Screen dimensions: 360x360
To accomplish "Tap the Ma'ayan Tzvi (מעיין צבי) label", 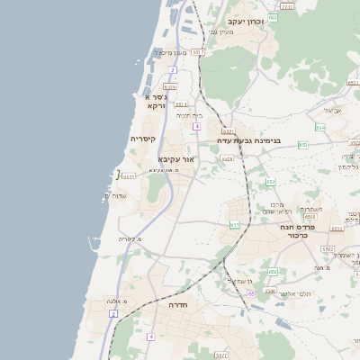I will coord(221,32).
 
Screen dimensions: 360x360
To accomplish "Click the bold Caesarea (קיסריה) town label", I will coord(143,139).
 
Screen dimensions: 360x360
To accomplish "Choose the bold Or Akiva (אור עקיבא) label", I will coord(176,158).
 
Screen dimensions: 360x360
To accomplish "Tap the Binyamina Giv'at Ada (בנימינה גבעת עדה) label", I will coord(249,140).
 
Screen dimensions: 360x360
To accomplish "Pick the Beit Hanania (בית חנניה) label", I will coord(189,115).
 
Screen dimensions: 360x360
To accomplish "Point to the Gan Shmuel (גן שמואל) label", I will coord(232,282).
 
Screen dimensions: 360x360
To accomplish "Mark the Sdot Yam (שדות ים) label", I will coord(119,195).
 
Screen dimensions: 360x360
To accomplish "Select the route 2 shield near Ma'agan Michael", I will coord(172,68).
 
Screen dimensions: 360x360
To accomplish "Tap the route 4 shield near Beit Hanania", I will coord(195,126).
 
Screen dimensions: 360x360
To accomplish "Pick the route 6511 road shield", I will coord(129,176).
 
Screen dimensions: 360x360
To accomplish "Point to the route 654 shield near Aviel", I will coord(319,127).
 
